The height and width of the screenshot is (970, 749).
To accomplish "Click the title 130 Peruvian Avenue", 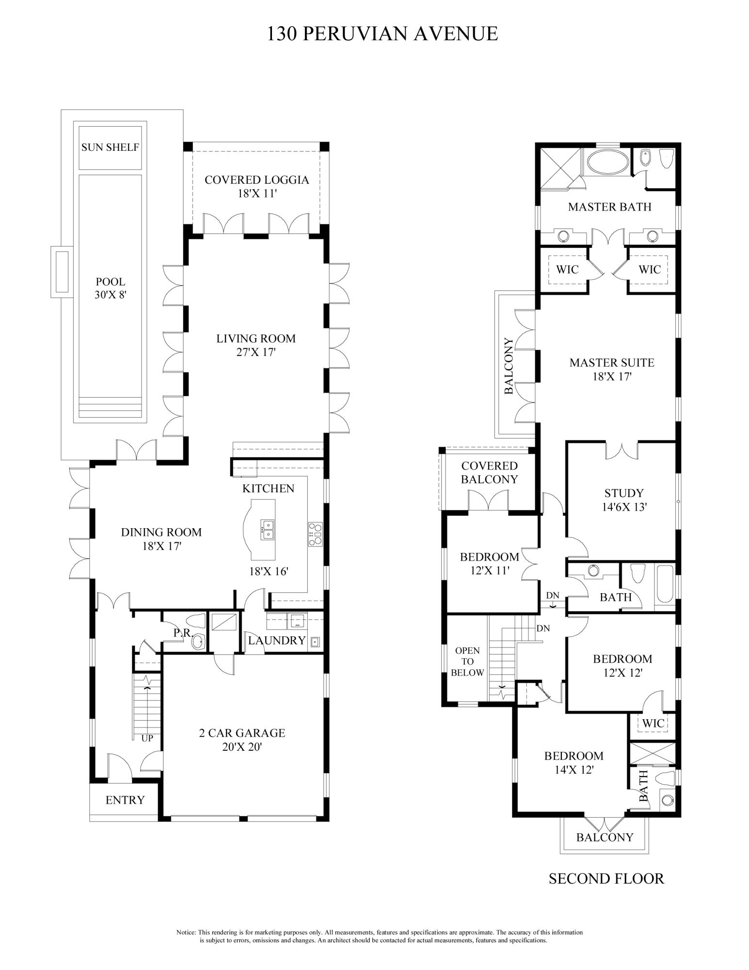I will (x=382, y=34).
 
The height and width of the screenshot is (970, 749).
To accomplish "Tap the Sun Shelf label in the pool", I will (x=110, y=147).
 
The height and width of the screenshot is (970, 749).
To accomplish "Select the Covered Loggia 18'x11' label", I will (x=256, y=187).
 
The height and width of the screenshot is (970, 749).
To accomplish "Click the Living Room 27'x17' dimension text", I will (x=255, y=353).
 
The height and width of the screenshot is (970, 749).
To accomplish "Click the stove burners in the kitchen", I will (x=315, y=534).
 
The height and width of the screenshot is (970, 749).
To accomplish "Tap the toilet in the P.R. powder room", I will (x=199, y=622).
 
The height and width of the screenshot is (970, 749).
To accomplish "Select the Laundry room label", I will (x=277, y=641).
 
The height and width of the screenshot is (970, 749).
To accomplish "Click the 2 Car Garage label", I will (x=242, y=733).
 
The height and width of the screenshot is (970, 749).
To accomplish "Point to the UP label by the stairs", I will (x=147, y=739).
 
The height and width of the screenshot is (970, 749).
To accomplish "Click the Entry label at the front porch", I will (x=125, y=800).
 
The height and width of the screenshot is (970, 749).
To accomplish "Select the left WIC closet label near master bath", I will (x=567, y=269).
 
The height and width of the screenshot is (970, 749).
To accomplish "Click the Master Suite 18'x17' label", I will (x=612, y=369).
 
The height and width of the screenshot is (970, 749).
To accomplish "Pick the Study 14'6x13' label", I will (x=624, y=500).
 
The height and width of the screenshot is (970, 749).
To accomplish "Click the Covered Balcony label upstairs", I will (x=489, y=472).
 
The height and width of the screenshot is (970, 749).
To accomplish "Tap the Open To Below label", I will (x=467, y=662).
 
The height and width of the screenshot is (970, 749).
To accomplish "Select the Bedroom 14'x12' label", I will (x=574, y=762).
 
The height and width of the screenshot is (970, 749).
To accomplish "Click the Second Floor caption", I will (x=606, y=878).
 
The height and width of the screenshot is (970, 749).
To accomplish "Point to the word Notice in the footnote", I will (x=186, y=932).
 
